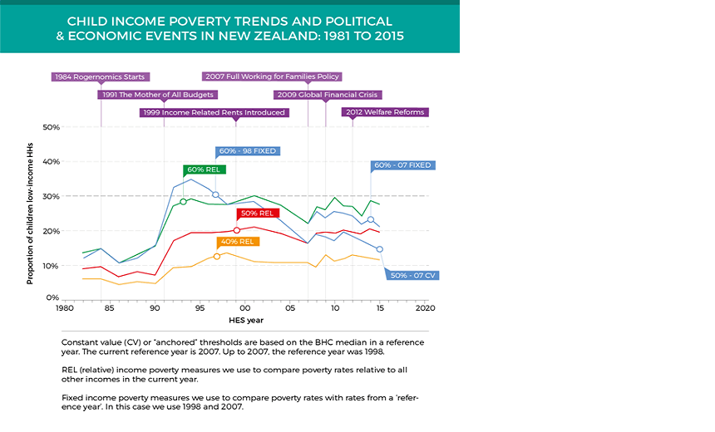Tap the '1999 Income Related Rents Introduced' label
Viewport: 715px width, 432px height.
click(214, 112)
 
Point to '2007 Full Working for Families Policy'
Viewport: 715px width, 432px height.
click(271, 76)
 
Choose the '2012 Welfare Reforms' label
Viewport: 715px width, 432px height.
click(385, 112)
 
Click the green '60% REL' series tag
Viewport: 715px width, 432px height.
click(203, 169)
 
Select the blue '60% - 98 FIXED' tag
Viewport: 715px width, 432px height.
click(247, 151)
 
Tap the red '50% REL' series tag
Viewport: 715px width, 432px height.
click(257, 214)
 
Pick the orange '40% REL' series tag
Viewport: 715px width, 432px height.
click(238, 242)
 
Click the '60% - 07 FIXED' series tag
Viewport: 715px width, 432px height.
click(402, 165)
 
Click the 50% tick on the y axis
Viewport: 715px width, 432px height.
click(51, 127)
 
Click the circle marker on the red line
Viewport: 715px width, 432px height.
click(237, 230)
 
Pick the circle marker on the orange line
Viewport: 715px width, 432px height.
click(217, 256)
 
